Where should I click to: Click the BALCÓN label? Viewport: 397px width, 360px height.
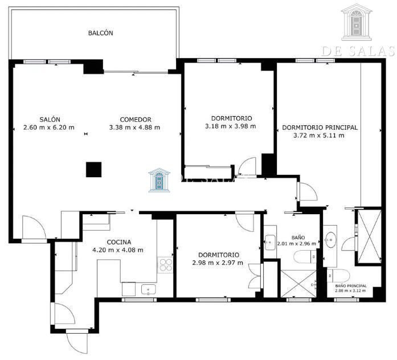(x=100, y=33)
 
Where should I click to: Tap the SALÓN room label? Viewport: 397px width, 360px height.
(x=50, y=120)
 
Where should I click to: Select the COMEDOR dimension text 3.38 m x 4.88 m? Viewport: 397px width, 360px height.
(x=134, y=128)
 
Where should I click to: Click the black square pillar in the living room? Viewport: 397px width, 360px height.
(x=93, y=170)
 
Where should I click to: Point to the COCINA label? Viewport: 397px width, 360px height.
(x=118, y=242)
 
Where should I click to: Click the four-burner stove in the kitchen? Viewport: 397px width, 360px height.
(x=165, y=265)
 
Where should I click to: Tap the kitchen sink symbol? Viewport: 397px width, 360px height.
(x=148, y=289)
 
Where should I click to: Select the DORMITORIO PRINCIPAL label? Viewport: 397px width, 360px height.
(x=320, y=128)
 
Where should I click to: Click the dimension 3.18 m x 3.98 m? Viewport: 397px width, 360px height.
(x=231, y=126)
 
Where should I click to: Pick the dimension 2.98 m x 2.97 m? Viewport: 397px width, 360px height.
(x=218, y=263)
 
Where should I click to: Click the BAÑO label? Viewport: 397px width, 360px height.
(x=298, y=238)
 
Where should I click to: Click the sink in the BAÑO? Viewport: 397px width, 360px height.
(x=270, y=242)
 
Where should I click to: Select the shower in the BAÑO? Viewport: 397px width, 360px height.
(x=298, y=284)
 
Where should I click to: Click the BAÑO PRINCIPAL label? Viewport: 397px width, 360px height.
(x=351, y=286)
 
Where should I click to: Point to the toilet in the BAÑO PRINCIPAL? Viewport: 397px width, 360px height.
(x=338, y=276)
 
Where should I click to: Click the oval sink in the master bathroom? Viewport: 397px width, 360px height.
(x=330, y=239)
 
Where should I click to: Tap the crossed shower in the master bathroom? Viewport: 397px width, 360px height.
(x=369, y=236)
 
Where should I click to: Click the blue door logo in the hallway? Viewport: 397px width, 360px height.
(x=159, y=180)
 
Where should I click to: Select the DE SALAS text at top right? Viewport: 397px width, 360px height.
(x=358, y=51)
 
